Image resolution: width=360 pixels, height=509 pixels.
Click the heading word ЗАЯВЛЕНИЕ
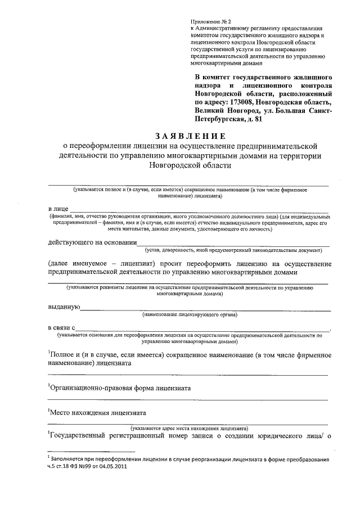[x=190, y=136]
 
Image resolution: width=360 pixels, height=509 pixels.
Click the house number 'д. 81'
[x=253, y=119]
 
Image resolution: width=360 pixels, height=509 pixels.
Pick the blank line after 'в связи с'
[x=202, y=328]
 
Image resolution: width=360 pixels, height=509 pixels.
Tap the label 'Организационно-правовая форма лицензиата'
[x=120, y=388]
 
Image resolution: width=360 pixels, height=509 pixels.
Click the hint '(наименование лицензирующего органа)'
[x=190, y=314]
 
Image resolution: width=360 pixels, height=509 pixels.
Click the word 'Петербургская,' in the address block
[x=220, y=119]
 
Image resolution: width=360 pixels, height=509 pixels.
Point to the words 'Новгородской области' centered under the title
[x=190, y=166]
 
